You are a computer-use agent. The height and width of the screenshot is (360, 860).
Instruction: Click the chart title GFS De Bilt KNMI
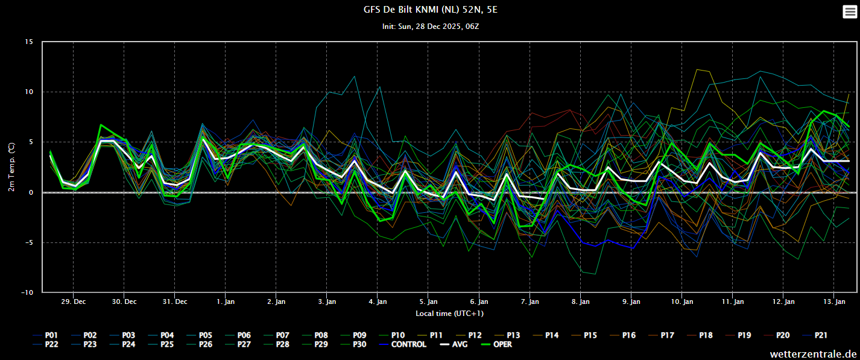(431, 10)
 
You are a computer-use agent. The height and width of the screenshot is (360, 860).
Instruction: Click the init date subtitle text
(431, 27)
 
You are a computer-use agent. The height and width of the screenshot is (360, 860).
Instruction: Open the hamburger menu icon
(850, 11)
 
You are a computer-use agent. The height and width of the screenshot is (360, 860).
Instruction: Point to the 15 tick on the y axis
(29, 42)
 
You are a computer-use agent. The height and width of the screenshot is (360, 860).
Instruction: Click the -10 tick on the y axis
(27, 292)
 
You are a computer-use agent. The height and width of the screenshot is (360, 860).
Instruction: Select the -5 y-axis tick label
(29, 242)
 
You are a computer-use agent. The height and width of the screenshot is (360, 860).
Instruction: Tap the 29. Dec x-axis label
(74, 302)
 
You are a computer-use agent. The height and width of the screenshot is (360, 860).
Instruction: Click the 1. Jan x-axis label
(226, 302)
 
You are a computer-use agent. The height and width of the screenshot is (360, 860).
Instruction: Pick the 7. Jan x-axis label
(530, 302)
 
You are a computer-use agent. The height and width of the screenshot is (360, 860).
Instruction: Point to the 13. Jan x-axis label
(834, 302)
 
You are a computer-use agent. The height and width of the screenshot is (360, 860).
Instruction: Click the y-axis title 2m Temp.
(11, 167)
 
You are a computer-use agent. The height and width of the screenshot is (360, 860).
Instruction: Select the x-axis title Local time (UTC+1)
(449, 314)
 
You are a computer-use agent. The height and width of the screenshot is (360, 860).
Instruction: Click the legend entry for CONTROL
(403, 344)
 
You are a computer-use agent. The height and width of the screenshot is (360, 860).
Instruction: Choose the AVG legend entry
(454, 344)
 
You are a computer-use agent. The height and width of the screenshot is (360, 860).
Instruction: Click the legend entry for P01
(45, 335)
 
